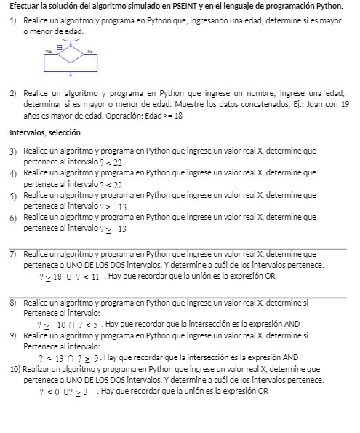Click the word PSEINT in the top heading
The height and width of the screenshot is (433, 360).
pyautogui.click(x=176, y=6)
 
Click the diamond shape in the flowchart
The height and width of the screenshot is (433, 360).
pyautogui.click(x=71, y=55)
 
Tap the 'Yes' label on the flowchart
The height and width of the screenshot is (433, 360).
pyautogui.click(x=49, y=51)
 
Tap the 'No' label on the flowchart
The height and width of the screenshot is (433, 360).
pyautogui.click(x=90, y=51)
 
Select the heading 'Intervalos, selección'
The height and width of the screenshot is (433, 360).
pyautogui.click(x=44, y=132)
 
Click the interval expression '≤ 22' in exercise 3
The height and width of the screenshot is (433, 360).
pyautogui.click(x=113, y=162)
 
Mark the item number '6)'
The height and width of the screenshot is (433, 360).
pyautogui.click(x=13, y=218)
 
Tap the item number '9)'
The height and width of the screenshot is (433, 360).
pyautogui.click(x=13, y=335)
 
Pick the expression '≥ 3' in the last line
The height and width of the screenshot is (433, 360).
pyautogui.click(x=82, y=392)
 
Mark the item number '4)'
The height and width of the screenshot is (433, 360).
pyautogui.click(x=13, y=174)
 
